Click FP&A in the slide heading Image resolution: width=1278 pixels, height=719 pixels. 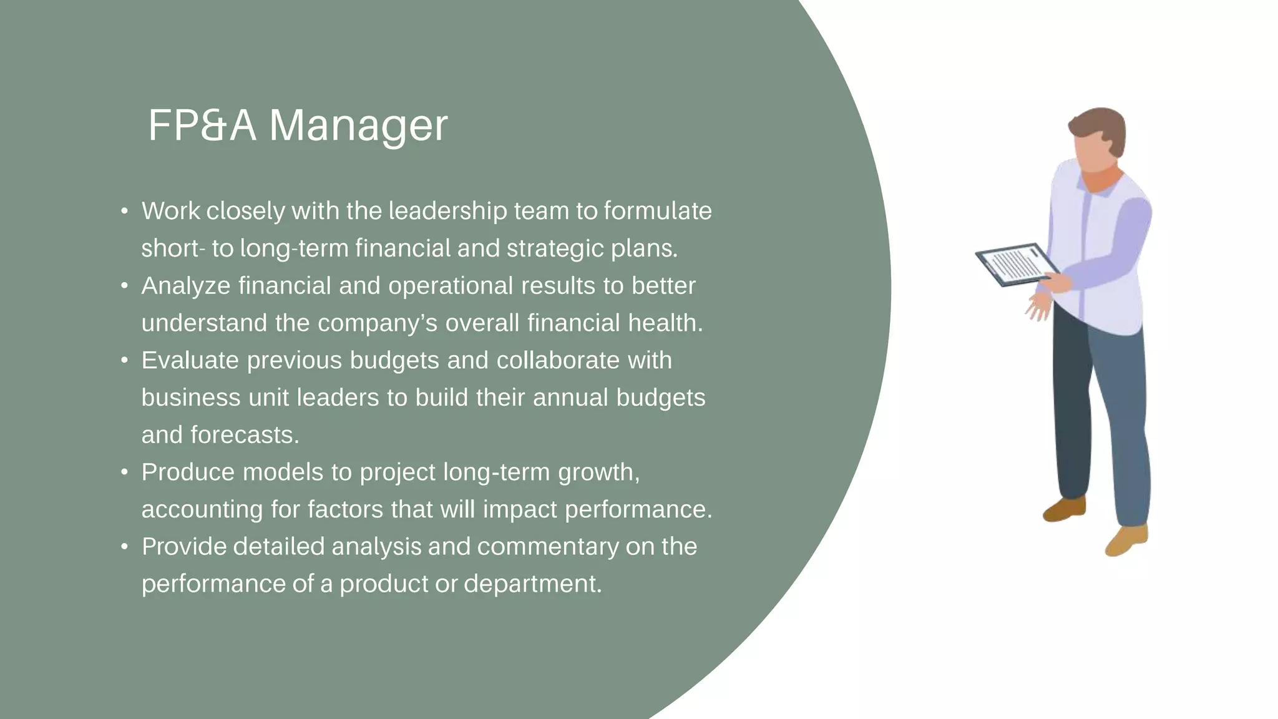202,126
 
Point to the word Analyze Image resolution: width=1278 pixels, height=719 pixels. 186,286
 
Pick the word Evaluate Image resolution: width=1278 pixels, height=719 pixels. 190,360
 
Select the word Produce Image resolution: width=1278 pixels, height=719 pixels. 188,472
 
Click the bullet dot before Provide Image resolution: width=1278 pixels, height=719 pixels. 125,547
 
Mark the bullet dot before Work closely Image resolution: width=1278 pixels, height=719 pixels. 125,211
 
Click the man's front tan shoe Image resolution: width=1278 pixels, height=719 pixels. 1127,540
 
